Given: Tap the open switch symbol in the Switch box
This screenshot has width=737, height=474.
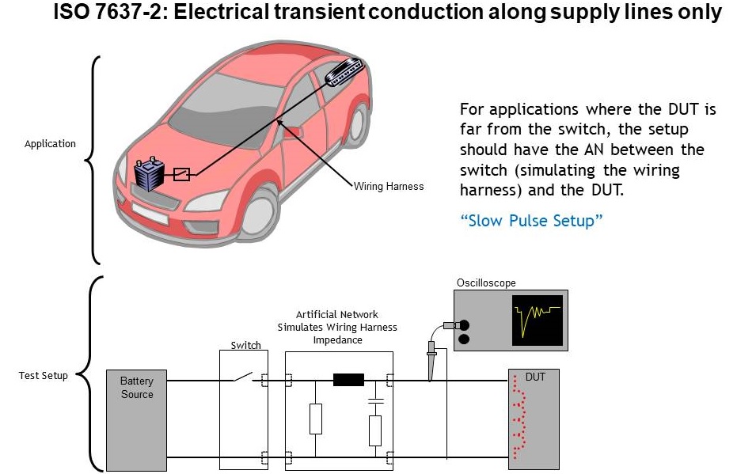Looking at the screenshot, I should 242,378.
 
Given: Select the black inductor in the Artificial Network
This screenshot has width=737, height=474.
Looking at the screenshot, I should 348,380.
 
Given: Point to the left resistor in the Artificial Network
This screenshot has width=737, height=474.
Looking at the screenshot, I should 316,419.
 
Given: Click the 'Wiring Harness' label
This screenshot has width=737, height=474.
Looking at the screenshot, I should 388,187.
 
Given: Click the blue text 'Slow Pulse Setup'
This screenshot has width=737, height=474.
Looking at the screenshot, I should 531,221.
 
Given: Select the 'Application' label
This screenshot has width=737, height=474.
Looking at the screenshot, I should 50,144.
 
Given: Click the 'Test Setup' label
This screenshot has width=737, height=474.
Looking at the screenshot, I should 43,375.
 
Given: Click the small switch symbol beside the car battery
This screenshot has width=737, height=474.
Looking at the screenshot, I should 181,174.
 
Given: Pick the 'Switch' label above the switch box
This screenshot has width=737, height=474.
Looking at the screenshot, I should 245,345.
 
